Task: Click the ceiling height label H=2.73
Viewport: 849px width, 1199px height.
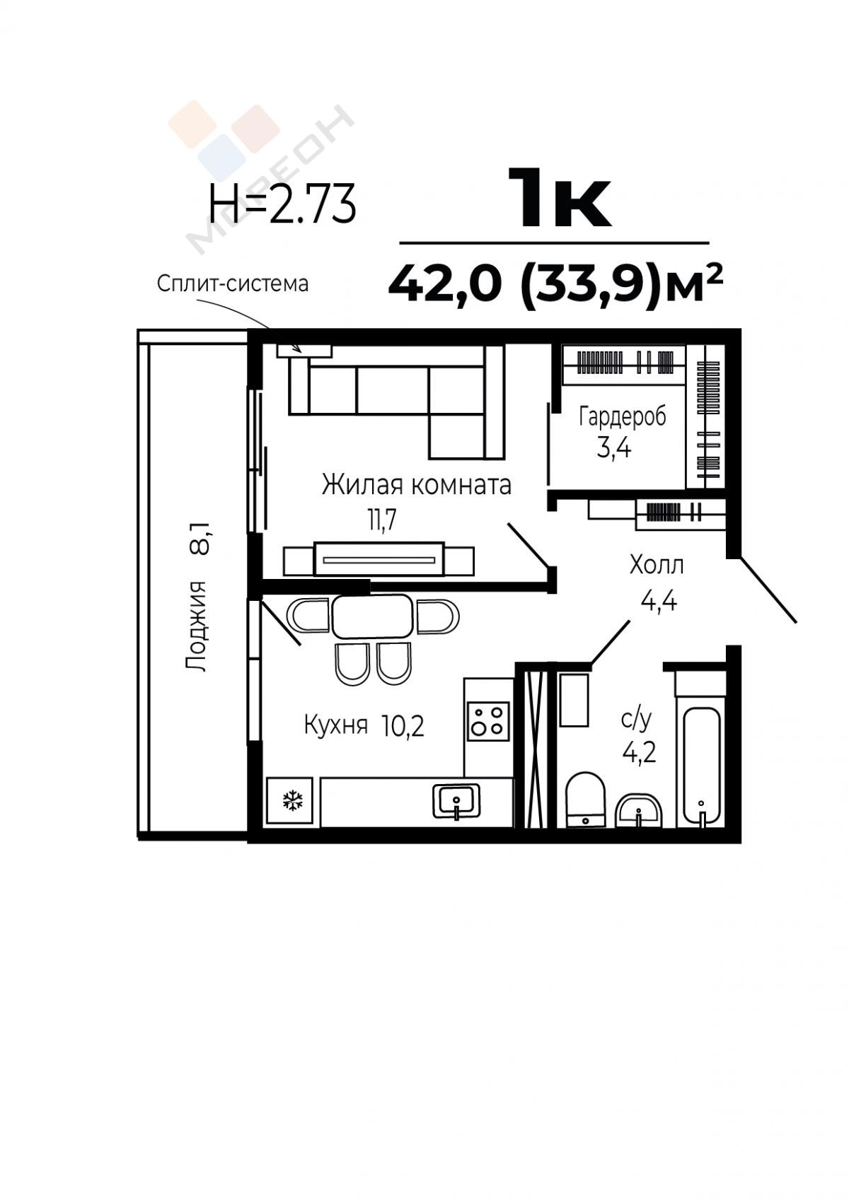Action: [282, 204]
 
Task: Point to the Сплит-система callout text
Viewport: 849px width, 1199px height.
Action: [233, 283]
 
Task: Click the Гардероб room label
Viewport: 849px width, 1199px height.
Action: [622, 417]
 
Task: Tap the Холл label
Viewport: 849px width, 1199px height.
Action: [657, 565]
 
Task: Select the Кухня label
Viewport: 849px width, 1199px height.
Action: [336, 726]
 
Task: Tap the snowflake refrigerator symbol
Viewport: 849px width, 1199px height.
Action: [293, 801]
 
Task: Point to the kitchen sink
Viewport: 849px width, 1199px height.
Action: [456, 801]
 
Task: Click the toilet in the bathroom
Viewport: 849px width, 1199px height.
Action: [585, 799]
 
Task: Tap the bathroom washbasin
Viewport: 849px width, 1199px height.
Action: [639, 810]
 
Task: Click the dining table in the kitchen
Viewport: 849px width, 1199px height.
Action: [373, 616]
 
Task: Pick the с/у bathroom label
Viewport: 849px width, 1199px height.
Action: [636, 720]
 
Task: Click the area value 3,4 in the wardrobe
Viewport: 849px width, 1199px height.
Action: [614, 448]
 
